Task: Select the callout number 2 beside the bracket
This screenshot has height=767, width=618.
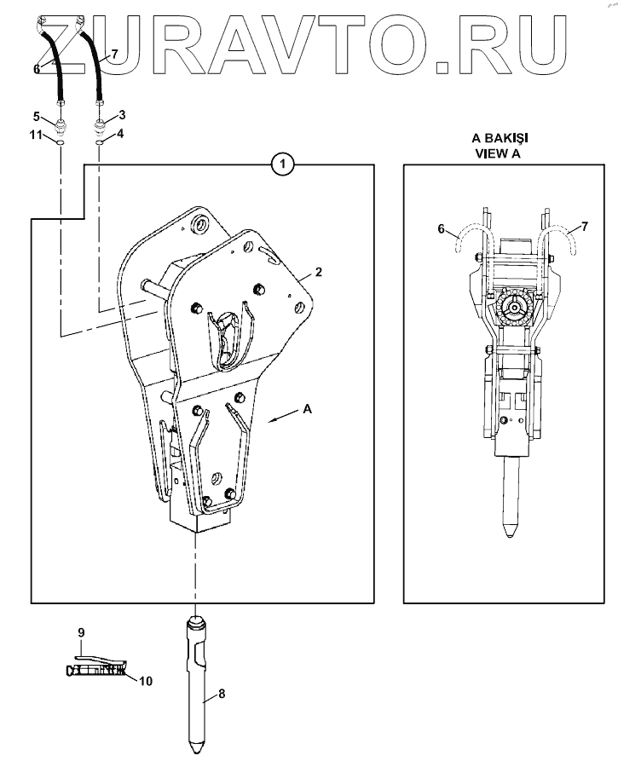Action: click(x=318, y=273)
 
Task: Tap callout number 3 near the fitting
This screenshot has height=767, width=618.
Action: click(x=122, y=114)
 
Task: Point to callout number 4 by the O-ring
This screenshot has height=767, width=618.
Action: click(x=120, y=134)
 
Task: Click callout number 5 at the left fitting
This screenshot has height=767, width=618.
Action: click(x=37, y=116)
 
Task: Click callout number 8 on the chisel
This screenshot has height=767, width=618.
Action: click(x=221, y=694)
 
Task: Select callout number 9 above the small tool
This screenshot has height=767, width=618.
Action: click(x=82, y=632)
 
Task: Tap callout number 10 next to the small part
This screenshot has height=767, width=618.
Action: click(x=146, y=681)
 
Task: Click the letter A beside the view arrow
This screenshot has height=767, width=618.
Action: click(x=308, y=409)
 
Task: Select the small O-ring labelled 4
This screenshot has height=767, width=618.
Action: click(x=100, y=142)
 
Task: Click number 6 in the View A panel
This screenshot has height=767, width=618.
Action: click(x=441, y=228)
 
